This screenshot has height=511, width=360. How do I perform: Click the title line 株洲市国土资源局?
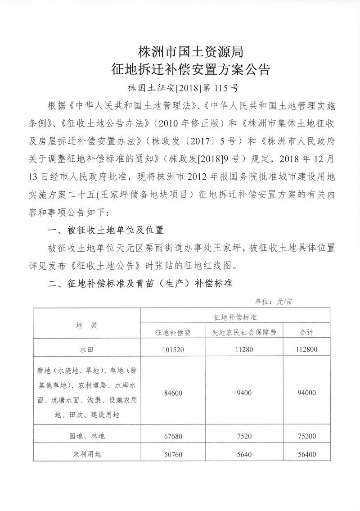point(191,53)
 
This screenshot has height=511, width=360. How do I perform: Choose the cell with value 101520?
point(173,349)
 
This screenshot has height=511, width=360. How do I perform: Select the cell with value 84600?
point(173,393)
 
